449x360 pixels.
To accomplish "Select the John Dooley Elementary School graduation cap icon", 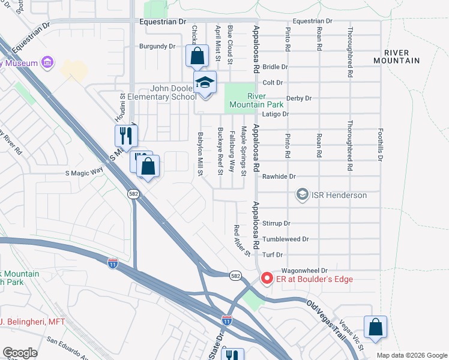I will point(205,82).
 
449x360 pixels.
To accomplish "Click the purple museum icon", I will point(46,62).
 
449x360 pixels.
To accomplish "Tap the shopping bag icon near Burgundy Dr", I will point(197,56).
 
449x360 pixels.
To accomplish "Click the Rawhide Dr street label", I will point(279,176).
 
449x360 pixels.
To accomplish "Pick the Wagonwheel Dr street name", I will point(303,271).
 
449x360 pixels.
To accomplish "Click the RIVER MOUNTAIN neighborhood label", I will point(396,56).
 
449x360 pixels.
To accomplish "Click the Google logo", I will point(20,353).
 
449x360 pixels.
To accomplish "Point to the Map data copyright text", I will point(412,355).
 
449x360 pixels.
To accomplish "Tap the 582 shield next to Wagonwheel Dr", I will point(236,274).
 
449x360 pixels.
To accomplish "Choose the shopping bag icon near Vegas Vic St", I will point(375,328).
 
